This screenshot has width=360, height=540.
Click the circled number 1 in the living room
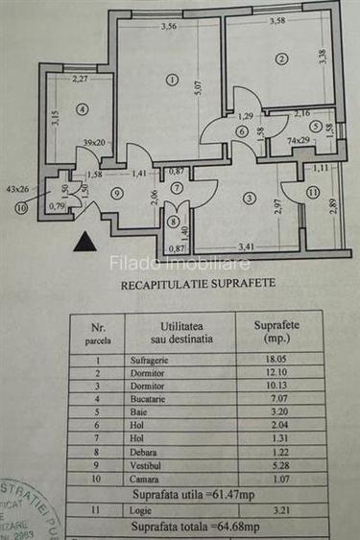coord(171,80)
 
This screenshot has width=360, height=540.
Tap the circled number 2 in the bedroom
coord(280,59)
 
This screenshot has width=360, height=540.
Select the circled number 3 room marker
coord(249,200)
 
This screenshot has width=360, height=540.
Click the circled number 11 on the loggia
coord(312,193)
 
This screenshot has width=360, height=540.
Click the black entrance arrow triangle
coord(85,242)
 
